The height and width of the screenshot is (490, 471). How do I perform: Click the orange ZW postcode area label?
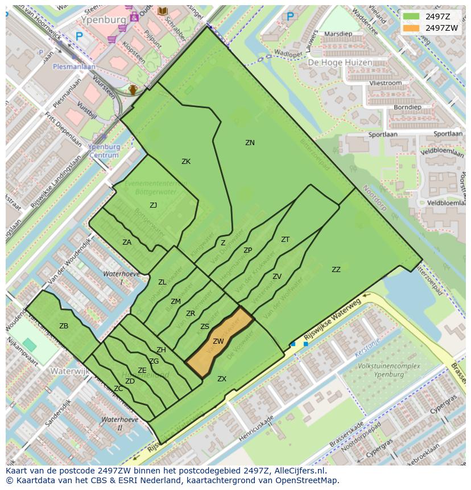[218, 341]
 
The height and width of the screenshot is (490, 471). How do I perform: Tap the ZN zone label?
[250, 143]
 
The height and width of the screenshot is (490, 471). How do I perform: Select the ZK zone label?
[186, 162]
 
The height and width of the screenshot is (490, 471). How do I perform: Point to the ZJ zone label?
[154, 205]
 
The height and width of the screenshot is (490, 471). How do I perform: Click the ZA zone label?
[127, 242]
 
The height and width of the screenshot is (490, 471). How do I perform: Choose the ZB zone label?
[64, 326]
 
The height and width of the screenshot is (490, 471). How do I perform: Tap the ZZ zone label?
[336, 270]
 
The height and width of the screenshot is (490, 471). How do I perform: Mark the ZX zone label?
[222, 378]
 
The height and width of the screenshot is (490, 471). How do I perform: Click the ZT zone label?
[285, 240]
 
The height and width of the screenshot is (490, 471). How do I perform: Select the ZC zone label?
[118, 389]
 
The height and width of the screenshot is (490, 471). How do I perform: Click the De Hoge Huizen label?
[340, 63]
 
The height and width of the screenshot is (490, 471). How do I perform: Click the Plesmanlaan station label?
[74, 66]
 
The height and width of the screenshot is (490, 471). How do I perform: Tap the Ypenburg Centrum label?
[105, 151]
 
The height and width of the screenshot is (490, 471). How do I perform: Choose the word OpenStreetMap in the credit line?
[309, 480]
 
